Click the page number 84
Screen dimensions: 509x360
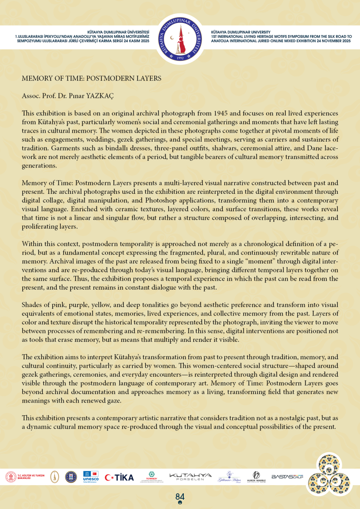tap(180, 497)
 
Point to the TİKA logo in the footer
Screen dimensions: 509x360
tap(119, 477)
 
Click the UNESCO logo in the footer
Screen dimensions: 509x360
tap(90, 477)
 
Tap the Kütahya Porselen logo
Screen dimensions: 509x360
tap(190, 477)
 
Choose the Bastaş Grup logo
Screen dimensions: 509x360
tap(287, 477)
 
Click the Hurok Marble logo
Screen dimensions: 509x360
tap(256, 477)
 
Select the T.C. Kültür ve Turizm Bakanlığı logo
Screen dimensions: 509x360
tap(25, 477)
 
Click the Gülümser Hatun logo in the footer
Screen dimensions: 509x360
tap(226, 477)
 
